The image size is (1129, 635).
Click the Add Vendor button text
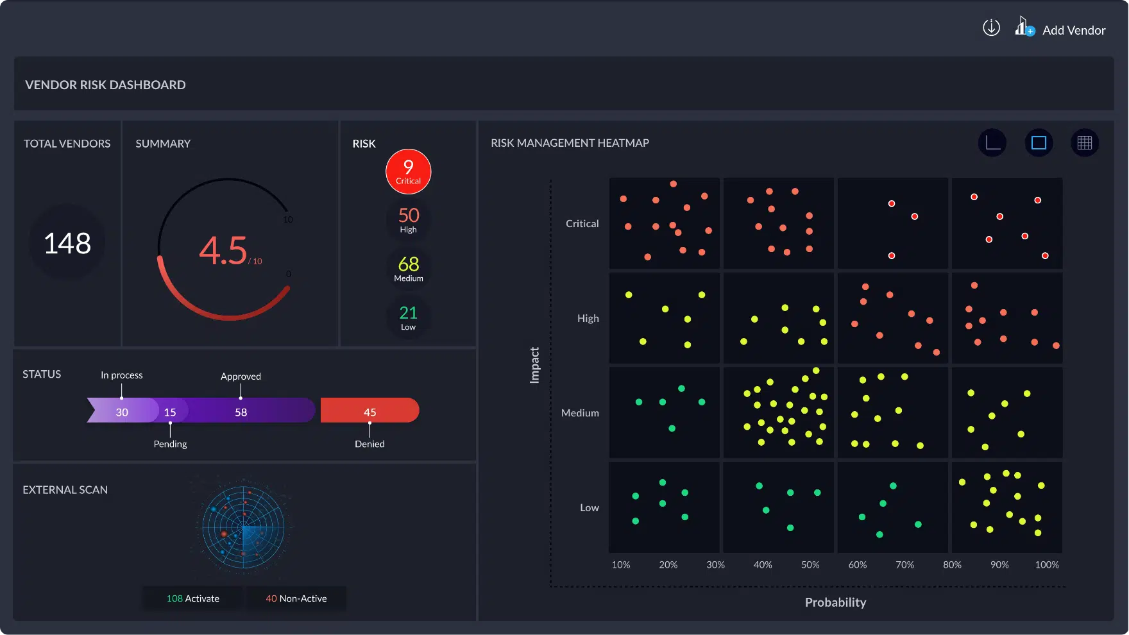tap(1074, 30)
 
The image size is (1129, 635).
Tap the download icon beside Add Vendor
tap(991, 28)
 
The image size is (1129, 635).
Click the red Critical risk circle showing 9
tap(408, 171)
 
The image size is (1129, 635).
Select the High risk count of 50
tap(409, 219)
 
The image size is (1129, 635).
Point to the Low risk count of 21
tap(409, 317)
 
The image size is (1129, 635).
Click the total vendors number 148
tap(67, 243)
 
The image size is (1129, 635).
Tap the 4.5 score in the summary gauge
tap(223, 250)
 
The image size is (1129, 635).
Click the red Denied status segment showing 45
tap(369, 411)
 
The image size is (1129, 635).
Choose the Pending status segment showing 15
tap(171, 411)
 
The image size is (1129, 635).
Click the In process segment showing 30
tap(123, 411)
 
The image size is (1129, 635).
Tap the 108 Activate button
tap(192, 598)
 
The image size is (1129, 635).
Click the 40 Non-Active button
tap(296, 598)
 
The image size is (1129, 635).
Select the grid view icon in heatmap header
tap(1085, 143)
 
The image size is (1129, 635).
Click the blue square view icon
tap(1039, 143)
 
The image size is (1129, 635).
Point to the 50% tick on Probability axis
tap(810, 565)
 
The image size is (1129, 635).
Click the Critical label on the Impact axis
tap(582, 224)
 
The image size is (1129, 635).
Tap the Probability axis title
tap(835, 602)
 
